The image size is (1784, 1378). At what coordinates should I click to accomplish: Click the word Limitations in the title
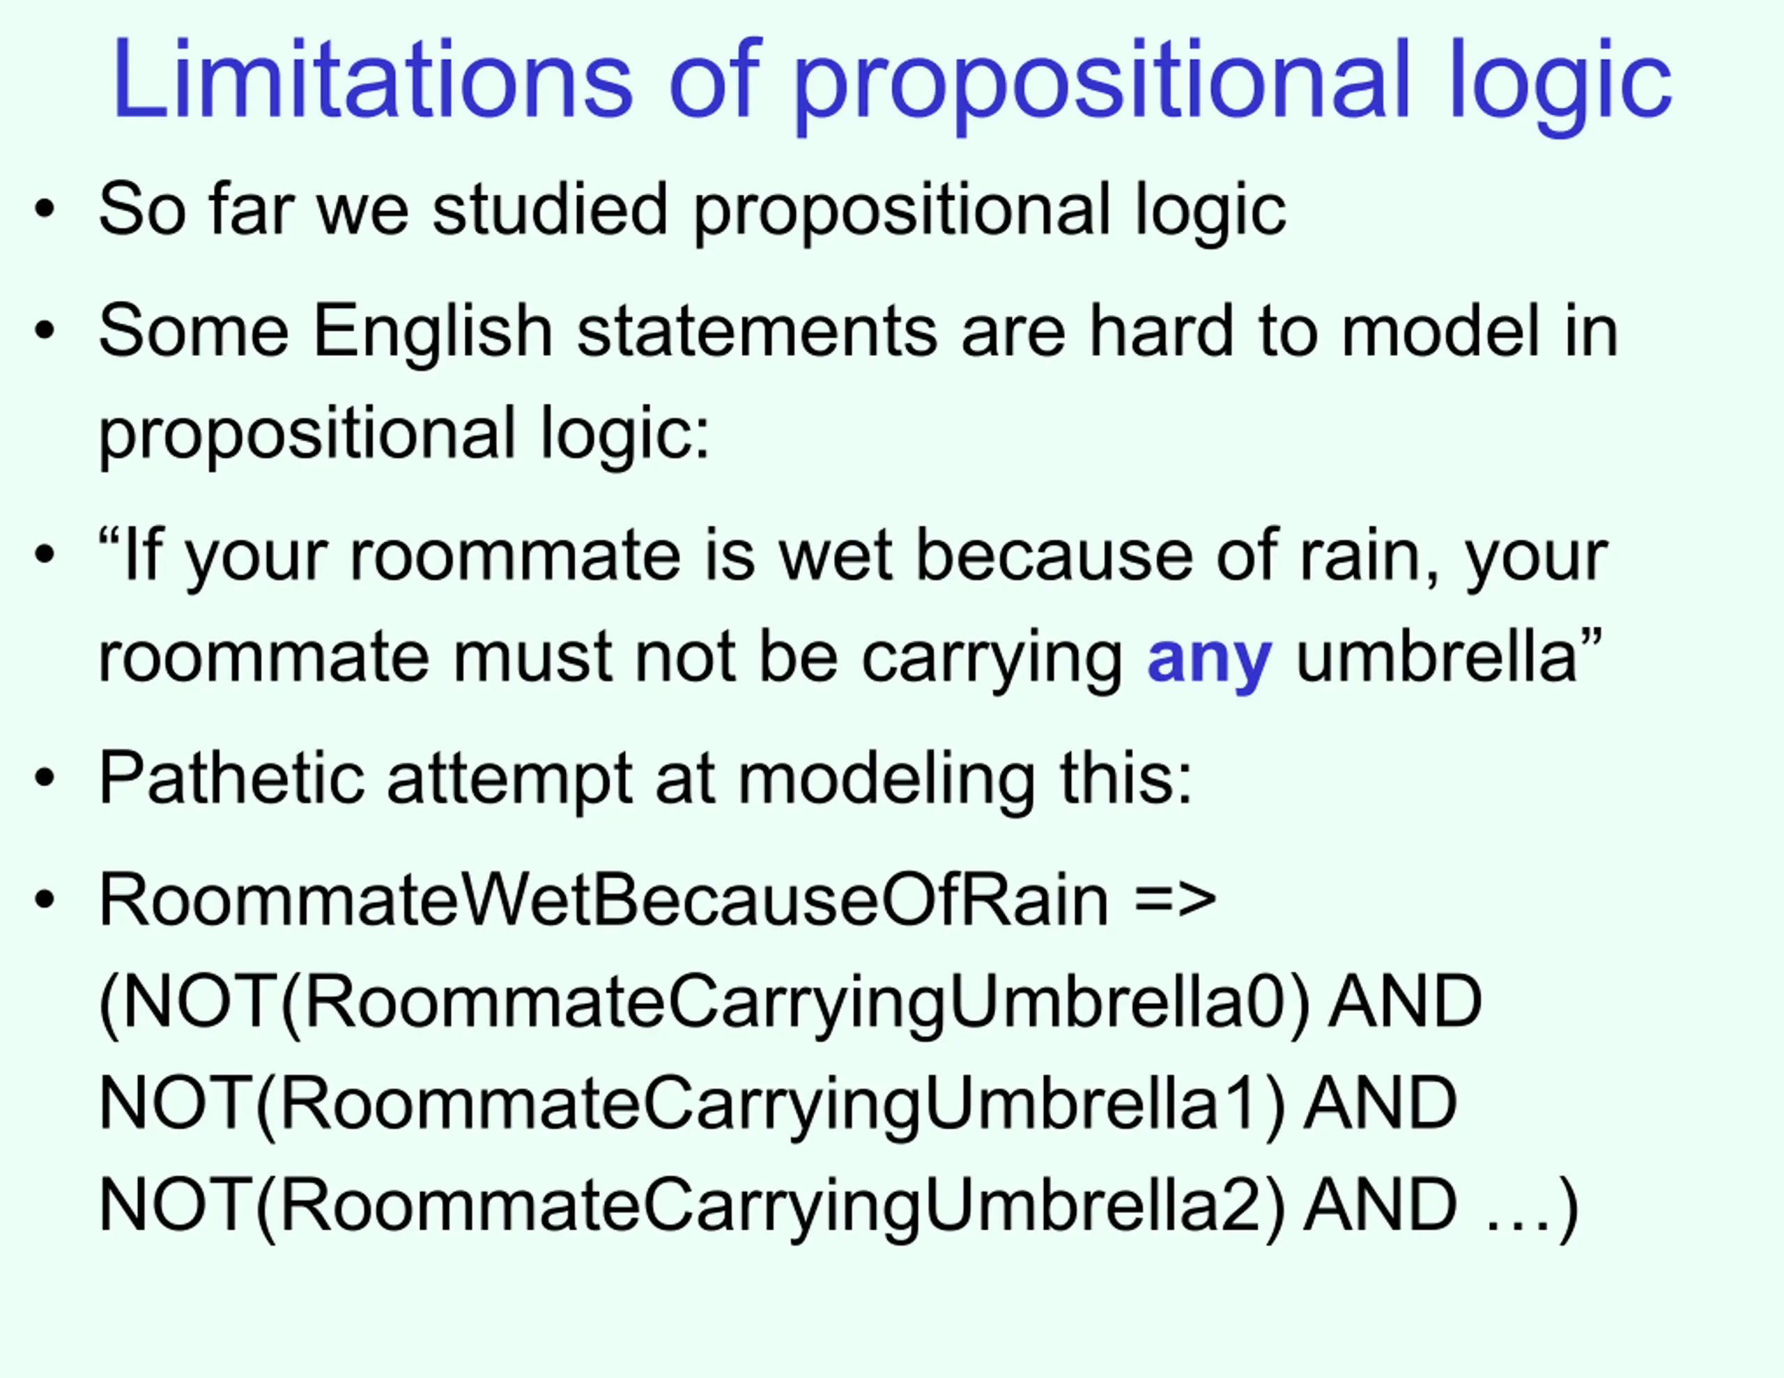(x=373, y=79)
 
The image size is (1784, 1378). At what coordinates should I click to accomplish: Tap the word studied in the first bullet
(x=550, y=209)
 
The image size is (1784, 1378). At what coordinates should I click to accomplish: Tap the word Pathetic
(x=231, y=777)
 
